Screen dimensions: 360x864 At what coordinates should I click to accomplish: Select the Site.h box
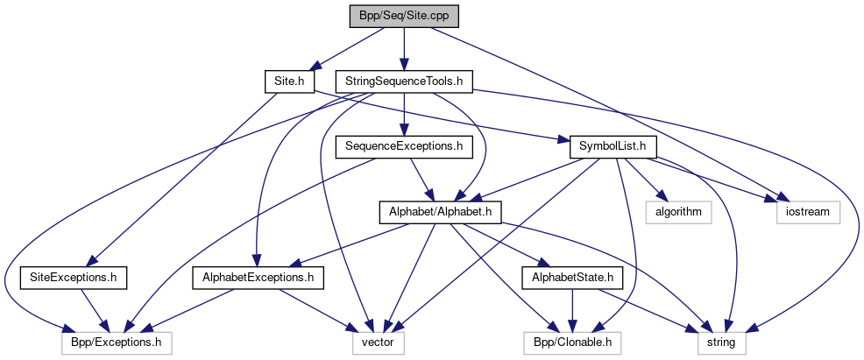[x=288, y=81]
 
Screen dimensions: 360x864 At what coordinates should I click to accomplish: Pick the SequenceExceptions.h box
[x=403, y=146]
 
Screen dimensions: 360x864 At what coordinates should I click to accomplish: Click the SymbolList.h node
[x=613, y=146]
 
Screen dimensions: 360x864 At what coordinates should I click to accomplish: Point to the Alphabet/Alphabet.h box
[x=439, y=211]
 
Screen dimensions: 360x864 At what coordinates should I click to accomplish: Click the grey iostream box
[x=807, y=211]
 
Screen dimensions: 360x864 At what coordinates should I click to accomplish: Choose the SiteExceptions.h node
[x=74, y=278]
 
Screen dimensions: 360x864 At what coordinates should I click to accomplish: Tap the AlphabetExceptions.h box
[x=258, y=278]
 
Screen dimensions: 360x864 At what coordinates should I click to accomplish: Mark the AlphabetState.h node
[x=572, y=278]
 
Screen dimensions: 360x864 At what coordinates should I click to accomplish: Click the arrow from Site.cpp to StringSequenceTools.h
[x=403, y=49]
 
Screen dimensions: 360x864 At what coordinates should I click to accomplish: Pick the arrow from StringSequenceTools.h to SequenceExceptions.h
[x=403, y=114]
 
